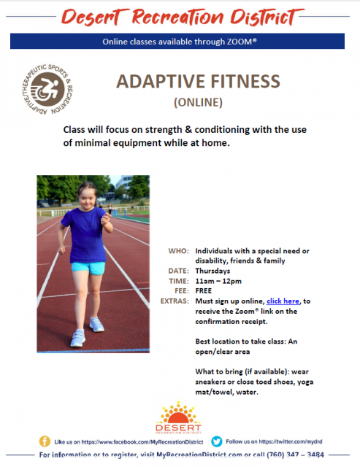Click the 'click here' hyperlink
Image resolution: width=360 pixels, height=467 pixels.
(283, 301)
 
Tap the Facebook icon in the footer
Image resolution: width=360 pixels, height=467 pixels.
(45, 441)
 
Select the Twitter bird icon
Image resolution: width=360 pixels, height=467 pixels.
(217, 441)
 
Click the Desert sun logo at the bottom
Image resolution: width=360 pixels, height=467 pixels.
(178, 417)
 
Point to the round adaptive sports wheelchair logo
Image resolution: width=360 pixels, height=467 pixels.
(47, 89)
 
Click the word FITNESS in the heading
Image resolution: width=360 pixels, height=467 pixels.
(245, 81)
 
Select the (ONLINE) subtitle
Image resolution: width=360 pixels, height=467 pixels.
(198, 102)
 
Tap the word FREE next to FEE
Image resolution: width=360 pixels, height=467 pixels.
(204, 290)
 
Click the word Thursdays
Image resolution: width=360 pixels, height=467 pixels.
(212, 271)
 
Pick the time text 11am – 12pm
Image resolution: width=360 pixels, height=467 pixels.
(218, 281)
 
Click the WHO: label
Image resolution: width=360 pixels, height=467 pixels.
(178, 251)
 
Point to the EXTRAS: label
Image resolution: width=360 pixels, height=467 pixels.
(175, 301)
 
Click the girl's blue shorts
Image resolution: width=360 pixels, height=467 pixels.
(88, 268)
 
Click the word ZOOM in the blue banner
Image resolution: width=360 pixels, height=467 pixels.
(240, 42)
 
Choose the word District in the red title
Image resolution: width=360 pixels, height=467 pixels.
(264, 17)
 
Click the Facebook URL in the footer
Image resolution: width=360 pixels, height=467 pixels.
(142, 442)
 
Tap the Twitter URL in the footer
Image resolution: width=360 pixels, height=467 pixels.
(291, 441)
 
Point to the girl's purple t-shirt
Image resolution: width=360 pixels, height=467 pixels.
(86, 235)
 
